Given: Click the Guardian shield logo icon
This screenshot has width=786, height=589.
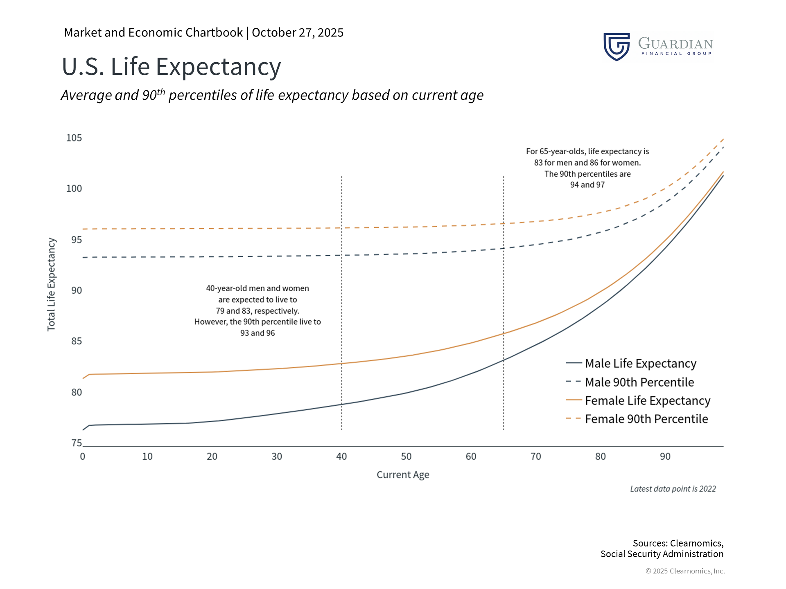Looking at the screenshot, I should [617, 47].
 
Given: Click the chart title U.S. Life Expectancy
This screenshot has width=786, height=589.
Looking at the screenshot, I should [171, 67].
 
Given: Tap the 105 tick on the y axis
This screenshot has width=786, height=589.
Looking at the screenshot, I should [74, 138].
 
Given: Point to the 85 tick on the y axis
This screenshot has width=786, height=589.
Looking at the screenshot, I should [77, 341].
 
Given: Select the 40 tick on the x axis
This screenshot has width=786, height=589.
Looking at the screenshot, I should [341, 456].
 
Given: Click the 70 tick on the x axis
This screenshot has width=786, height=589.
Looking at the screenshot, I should [535, 456].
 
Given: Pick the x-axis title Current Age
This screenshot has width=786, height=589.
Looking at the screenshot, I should [403, 475].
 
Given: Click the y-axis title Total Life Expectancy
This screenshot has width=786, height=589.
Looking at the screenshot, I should [51, 284].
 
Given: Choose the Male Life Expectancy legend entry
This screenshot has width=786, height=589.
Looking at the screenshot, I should [640, 363].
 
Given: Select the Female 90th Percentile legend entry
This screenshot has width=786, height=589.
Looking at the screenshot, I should [646, 419].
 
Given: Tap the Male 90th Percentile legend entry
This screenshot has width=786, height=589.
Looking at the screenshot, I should [639, 382].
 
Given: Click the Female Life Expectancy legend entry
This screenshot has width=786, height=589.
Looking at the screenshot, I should [647, 400].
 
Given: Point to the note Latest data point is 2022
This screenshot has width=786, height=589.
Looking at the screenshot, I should [673, 489].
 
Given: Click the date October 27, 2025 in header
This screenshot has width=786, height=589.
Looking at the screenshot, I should [298, 33].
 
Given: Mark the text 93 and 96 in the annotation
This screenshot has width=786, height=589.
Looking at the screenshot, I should [257, 333].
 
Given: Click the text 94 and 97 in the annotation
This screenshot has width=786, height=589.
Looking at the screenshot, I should [587, 185].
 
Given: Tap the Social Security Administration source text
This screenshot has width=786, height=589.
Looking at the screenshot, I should [662, 554].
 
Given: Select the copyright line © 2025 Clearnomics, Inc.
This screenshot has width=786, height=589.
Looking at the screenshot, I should [685, 571].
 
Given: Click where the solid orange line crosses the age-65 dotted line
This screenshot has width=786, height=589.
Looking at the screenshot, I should [504, 333].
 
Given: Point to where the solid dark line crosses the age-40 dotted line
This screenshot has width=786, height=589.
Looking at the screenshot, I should [341, 404].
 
